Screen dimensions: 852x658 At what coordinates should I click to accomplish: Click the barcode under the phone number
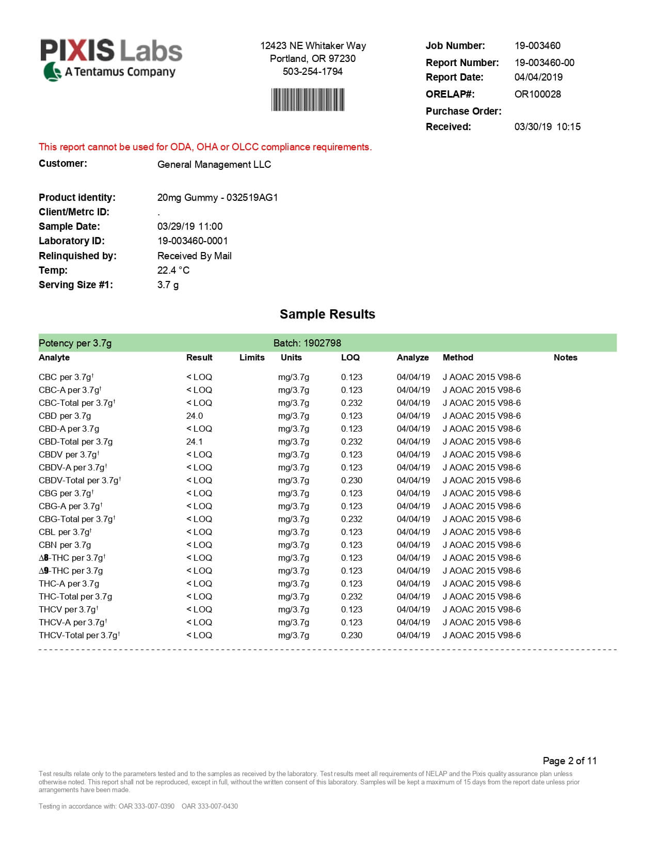click(x=308, y=100)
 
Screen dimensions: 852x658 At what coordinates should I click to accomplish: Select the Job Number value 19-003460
click(x=537, y=45)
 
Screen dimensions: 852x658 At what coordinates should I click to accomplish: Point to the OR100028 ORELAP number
click(x=537, y=94)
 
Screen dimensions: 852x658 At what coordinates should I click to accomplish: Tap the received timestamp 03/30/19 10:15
click(x=547, y=127)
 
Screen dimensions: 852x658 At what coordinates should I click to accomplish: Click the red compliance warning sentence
click(x=205, y=147)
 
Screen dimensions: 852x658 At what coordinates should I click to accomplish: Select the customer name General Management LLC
click(x=214, y=164)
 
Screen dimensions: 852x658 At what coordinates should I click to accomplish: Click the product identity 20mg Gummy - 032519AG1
click(x=217, y=197)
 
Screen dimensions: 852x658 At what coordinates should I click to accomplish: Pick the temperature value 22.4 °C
click(x=173, y=270)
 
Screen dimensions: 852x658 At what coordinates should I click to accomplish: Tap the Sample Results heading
click(x=327, y=314)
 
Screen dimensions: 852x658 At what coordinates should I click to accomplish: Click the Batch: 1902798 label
click(x=307, y=343)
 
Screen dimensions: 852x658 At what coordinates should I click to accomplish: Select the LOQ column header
click(x=350, y=357)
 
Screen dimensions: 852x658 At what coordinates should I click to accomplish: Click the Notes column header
click(x=565, y=357)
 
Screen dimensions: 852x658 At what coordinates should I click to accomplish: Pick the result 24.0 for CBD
click(x=195, y=416)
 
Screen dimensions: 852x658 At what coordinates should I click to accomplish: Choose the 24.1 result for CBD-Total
click(x=195, y=441)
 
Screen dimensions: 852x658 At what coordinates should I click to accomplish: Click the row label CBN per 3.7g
click(x=65, y=545)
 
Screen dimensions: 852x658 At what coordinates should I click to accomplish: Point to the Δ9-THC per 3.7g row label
click(x=71, y=571)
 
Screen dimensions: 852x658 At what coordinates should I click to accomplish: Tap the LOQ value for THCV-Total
click(x=351, y=635)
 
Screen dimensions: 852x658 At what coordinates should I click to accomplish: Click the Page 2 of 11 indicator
click(x=569, y=761)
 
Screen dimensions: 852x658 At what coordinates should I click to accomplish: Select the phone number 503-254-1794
click(x=312, y=71)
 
